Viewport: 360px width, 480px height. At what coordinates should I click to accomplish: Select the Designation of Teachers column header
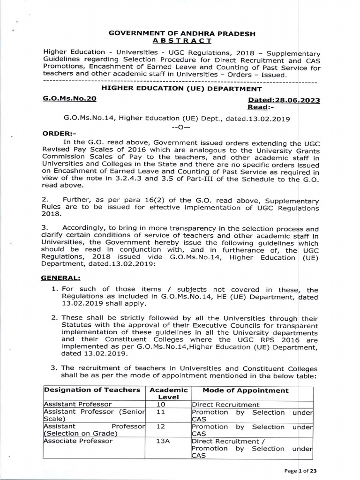[91, 390]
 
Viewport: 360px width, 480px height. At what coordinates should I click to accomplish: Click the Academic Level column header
[168, 393]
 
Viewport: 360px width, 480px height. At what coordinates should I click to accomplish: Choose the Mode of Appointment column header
[246, 390]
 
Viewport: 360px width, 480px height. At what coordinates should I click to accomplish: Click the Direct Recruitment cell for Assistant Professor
[225, 404]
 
